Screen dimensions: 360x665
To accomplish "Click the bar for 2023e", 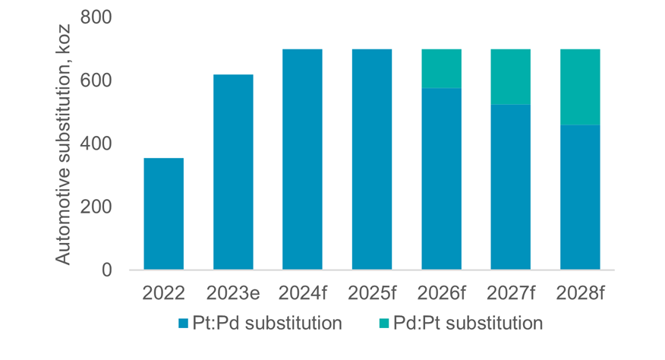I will tap(233, 172).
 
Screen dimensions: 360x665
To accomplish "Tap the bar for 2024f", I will tap(302, 159).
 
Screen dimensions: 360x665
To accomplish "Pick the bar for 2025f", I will tap(372, 159).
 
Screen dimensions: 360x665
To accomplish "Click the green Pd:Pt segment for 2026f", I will tap(441, 68).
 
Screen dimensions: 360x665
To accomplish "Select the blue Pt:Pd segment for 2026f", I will tap(441, 179).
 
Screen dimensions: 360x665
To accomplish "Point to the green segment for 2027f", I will tap(511, 77).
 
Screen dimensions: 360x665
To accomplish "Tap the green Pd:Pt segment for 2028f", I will tap(580, 87).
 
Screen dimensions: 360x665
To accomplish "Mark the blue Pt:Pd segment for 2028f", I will tap(580, 197).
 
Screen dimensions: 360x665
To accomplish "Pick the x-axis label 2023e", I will tap(232, 292).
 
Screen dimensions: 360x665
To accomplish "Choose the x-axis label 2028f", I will tap(580, 292).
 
